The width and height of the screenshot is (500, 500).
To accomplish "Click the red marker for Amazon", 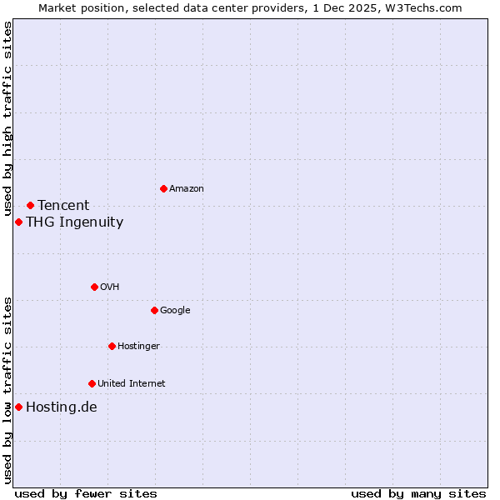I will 163,188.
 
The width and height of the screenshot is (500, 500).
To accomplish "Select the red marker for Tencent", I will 30,205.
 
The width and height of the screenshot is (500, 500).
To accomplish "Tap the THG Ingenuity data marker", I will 18,222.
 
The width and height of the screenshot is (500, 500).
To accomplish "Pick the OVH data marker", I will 94,287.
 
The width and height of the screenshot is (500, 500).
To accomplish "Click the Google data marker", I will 154,310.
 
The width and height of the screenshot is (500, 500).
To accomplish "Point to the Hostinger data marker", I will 112,346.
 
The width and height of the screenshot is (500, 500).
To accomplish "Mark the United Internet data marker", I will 92,383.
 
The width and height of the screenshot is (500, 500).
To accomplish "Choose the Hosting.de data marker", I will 18,407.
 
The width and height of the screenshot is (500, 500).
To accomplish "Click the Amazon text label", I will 187,188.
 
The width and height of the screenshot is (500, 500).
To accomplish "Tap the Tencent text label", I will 63,205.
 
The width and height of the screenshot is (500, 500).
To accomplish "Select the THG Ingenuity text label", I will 74,222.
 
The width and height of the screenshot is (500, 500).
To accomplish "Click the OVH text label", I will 110,287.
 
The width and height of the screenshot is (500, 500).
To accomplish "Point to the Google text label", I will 175,310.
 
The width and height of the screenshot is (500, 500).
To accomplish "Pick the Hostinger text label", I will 138,346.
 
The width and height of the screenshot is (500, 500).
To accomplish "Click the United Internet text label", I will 132,383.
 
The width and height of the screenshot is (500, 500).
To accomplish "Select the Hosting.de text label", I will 62,407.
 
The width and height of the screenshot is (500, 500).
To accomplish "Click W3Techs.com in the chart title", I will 425,7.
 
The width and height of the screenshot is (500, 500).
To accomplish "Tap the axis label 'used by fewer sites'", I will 86,493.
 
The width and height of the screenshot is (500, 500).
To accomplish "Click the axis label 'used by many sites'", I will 418,493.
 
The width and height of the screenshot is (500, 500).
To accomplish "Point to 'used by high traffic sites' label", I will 7,119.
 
